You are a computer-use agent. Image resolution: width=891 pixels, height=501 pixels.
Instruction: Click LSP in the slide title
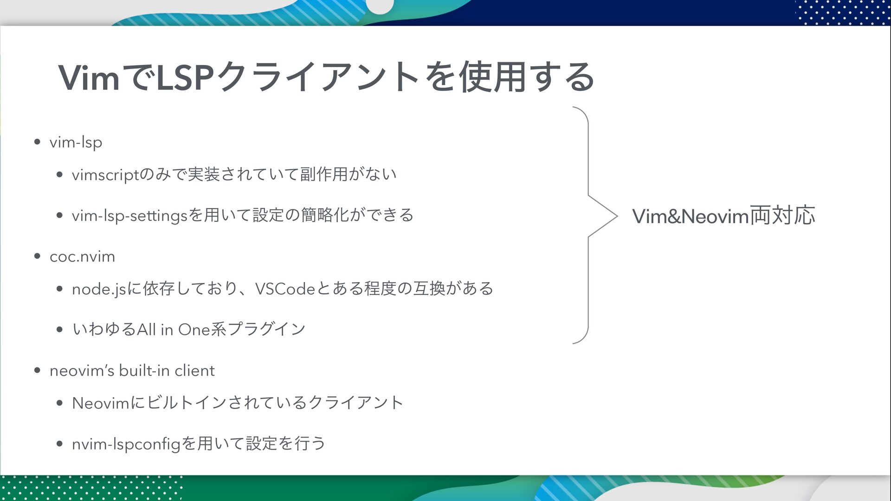point(185,77)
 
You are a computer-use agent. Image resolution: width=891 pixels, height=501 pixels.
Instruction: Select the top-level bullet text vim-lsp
point(76,142)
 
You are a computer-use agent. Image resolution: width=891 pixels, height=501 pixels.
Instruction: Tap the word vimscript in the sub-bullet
point(105,175)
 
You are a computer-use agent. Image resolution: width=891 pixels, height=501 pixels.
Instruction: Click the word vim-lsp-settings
point(129,216)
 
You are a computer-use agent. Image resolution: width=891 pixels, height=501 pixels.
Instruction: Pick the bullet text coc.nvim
point(82,257)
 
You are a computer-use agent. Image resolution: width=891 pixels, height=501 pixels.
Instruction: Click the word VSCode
point(285,289)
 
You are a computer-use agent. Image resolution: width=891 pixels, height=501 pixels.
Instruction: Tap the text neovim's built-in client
point(132,371)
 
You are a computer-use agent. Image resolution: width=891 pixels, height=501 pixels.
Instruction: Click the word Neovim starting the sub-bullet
point(100,403)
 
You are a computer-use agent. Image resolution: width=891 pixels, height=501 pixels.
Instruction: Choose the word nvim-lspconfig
point(126,444)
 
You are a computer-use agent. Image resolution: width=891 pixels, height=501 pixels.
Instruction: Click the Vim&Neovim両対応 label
point(723,216)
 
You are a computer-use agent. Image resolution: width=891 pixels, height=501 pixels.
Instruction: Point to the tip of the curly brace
point(616,216)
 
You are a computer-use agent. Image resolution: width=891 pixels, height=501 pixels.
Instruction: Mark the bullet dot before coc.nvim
point(38,256)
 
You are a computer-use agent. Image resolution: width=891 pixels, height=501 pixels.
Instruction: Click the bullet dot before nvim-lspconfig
point(59,443)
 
